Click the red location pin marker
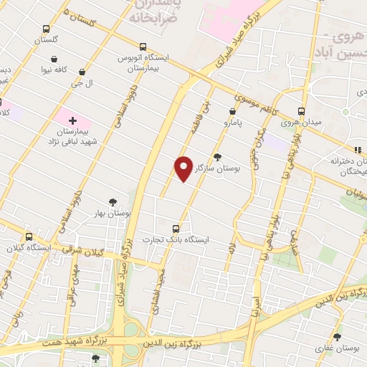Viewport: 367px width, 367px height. tap(183, 168)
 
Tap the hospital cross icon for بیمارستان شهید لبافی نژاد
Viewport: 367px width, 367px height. tap(72, 119)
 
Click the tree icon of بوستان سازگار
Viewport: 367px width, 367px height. tap(218, 156)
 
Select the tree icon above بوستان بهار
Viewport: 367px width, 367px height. tap(113, 202)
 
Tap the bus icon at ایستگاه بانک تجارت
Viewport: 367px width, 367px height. tap(176, 229)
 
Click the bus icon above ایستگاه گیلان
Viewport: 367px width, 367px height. tap(29, 237)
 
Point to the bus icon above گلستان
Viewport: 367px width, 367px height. tap(47, 29)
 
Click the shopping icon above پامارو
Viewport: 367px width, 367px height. tap(232, 112)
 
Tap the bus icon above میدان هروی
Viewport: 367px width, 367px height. tap(301, 112)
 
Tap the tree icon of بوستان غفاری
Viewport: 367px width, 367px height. tap(338, 336)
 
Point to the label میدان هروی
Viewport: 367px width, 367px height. tap(300, 123)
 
